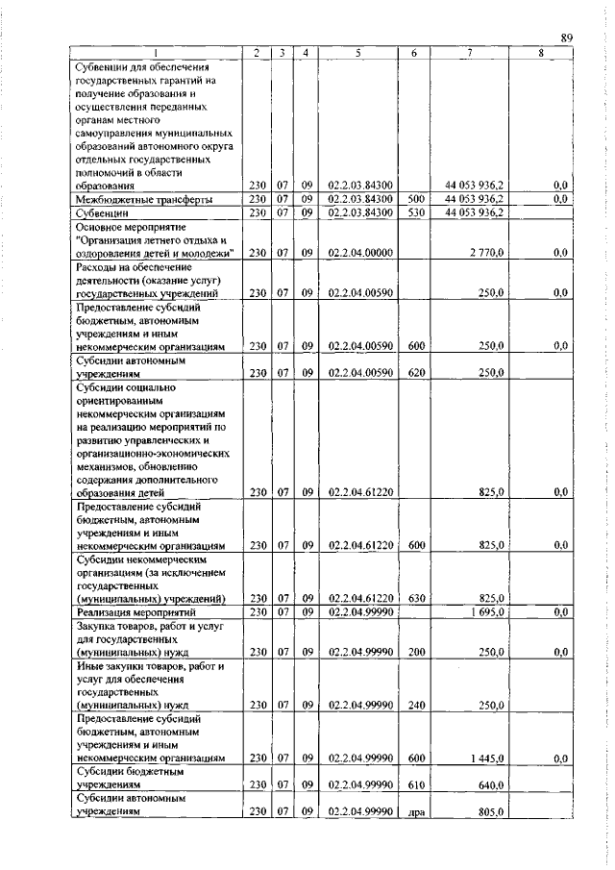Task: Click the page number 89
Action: [567, 37]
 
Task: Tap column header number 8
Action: [541, 53]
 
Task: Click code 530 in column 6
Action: [414, 212]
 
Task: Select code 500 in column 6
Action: [414, 199]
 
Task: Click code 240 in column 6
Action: [414, 705]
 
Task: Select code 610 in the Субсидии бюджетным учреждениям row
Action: [414, 785]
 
